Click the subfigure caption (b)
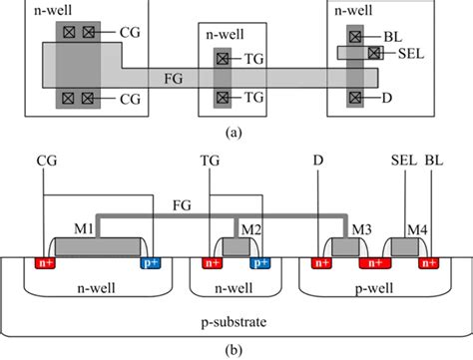(x=236, y=348)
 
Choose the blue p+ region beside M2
(x=260, y=264)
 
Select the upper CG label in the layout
(x=128, y=33)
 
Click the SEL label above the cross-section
(x=401, y=160)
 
